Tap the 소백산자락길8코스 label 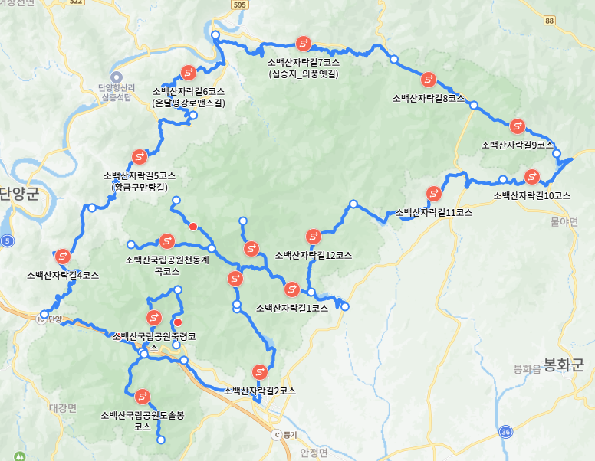point(429,98)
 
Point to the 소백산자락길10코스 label point(532,195)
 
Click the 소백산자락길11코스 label point(433,212)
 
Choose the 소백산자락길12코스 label point(313,255)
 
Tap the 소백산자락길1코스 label point(291,308)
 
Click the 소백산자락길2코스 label point(260,391)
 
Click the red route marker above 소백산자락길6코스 point(189,74)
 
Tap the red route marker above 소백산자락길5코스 point(140,157)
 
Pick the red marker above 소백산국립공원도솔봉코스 point(142,397)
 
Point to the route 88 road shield point(549,21)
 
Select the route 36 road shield point(505,433)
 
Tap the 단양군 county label point(19,193)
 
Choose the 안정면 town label point(314,452)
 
